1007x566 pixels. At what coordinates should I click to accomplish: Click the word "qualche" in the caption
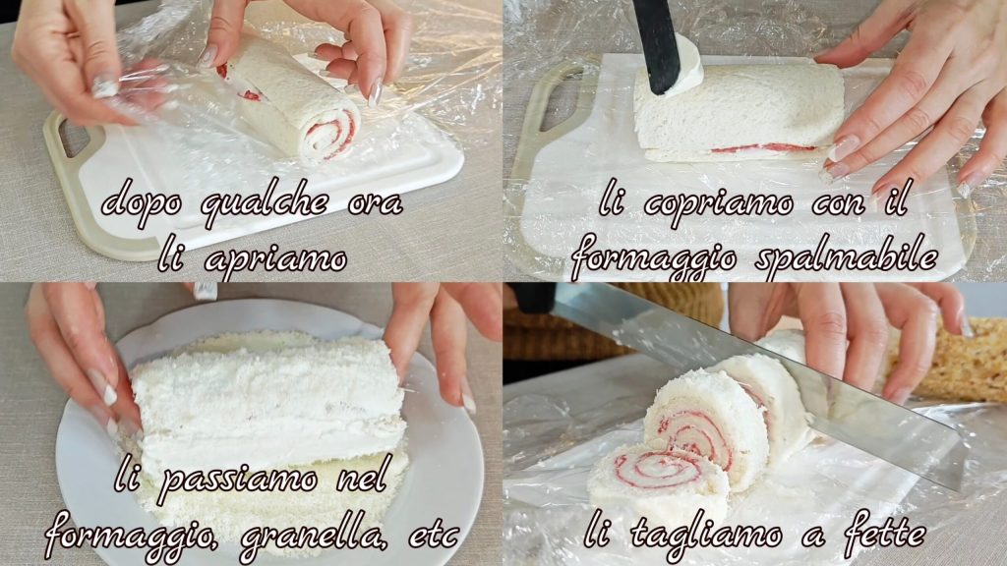(264, 204)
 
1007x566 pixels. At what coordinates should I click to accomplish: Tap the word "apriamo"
(276, 259)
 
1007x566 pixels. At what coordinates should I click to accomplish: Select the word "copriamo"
(718, 204)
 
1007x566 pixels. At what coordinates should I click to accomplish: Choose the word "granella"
(314, 534)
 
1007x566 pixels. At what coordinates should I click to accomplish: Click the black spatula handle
(656, 45)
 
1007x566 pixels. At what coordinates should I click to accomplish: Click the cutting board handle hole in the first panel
(75, 136)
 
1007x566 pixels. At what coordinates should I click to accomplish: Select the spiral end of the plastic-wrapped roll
(331, 134)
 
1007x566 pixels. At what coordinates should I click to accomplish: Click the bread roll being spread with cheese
(739, 112)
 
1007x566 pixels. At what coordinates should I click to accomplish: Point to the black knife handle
(533, 298)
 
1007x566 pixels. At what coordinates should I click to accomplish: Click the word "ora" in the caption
(376, 204)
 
